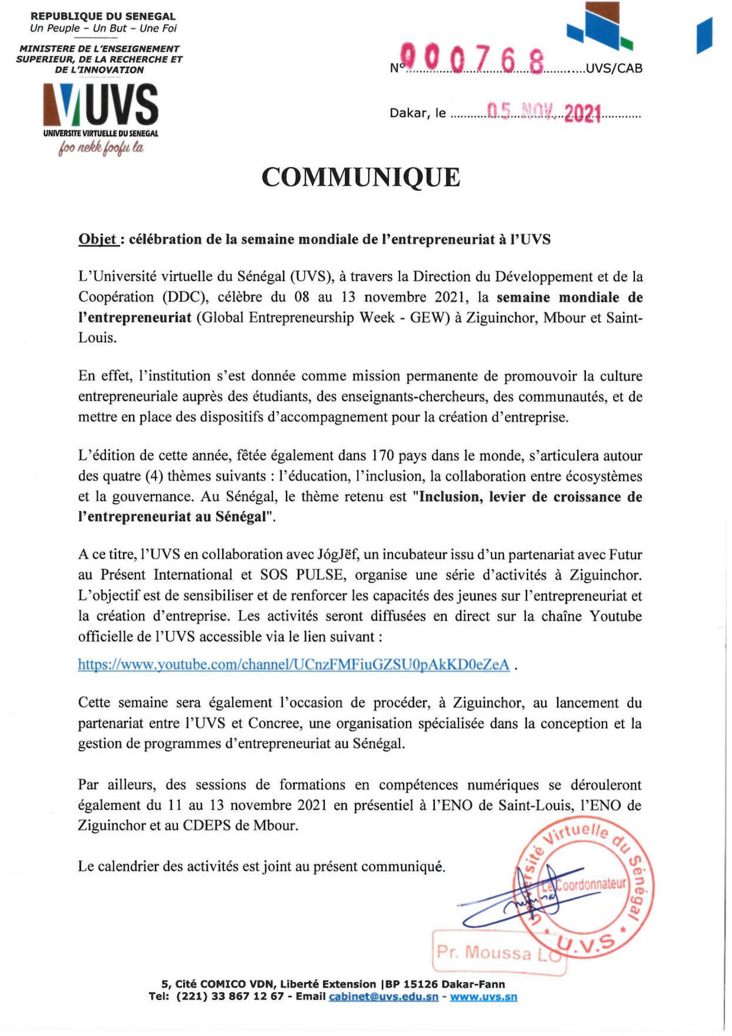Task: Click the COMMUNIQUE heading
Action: [361, 177]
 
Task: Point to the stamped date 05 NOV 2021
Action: [546, 113]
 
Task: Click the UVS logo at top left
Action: [101, 106]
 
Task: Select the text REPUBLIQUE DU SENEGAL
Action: [102, 17]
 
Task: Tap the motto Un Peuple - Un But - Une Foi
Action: [103, 28]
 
